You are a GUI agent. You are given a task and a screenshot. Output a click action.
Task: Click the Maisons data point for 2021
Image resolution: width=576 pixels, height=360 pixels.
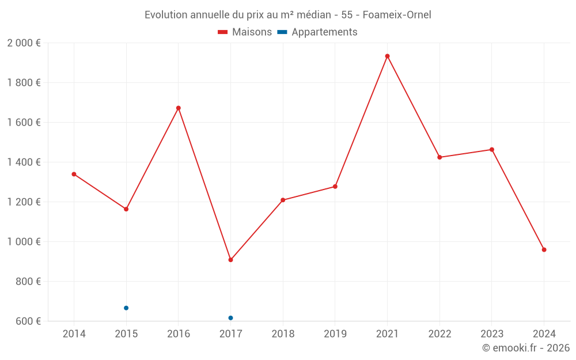(387, 56)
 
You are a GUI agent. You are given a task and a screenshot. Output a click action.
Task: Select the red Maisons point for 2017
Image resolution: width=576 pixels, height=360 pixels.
(230, 260)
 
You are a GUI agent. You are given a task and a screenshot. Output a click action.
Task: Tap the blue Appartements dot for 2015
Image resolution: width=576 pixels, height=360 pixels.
(126, 308)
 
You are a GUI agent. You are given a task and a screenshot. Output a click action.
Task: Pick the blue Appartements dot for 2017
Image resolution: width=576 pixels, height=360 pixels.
(230, 318)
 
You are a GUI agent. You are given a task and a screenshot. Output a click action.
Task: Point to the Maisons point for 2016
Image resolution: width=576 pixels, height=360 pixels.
(179, 108)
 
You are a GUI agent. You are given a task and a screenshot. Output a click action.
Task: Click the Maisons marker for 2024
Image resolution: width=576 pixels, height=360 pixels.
(544, 249)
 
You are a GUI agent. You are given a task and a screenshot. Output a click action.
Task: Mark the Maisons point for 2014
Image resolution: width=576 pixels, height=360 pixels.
(74, 174)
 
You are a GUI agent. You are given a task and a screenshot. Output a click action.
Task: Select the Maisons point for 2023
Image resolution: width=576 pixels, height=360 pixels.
(491, 150)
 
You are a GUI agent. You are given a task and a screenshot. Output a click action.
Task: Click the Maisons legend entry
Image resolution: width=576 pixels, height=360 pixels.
(245, 32)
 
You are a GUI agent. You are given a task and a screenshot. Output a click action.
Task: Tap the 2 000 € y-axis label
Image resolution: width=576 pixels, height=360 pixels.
(24, 43)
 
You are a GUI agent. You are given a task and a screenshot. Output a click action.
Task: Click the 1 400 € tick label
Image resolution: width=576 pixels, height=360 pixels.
(24, 162)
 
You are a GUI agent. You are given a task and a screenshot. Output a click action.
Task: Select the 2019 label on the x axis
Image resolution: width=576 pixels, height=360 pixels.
(335, 334)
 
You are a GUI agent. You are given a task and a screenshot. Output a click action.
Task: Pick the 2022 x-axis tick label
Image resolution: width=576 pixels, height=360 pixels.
(439, 334)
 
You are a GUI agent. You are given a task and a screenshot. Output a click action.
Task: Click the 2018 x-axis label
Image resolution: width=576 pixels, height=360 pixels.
(283, 334)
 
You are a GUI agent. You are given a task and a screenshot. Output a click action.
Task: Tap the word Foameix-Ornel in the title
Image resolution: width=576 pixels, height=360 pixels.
(397, 14)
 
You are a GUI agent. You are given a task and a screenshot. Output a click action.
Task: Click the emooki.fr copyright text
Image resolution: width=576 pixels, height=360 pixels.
(526, 348)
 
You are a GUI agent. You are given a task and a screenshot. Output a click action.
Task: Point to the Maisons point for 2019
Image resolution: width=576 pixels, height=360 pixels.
(335, 187)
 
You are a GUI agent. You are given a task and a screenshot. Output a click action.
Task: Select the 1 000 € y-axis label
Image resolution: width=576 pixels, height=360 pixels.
(24, 242)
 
